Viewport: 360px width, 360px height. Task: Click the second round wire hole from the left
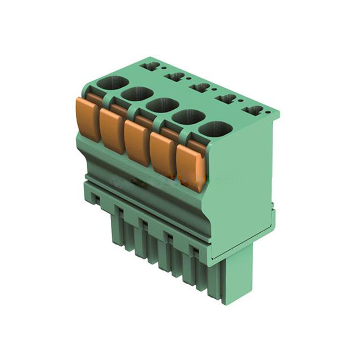click(x=135, y=94)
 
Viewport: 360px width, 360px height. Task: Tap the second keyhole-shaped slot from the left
click(x=176, y=76)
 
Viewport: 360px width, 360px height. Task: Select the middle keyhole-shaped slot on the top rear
click(x=201, y=87)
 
